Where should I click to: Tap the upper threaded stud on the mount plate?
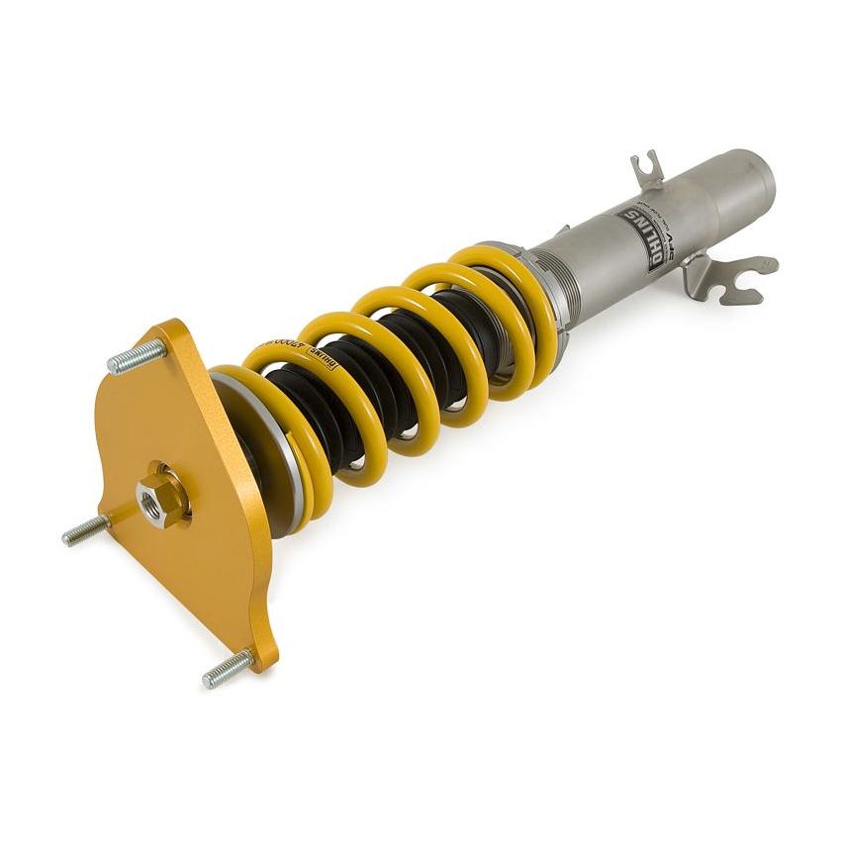pos(135,356)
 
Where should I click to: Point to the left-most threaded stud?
pos(85,532)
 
